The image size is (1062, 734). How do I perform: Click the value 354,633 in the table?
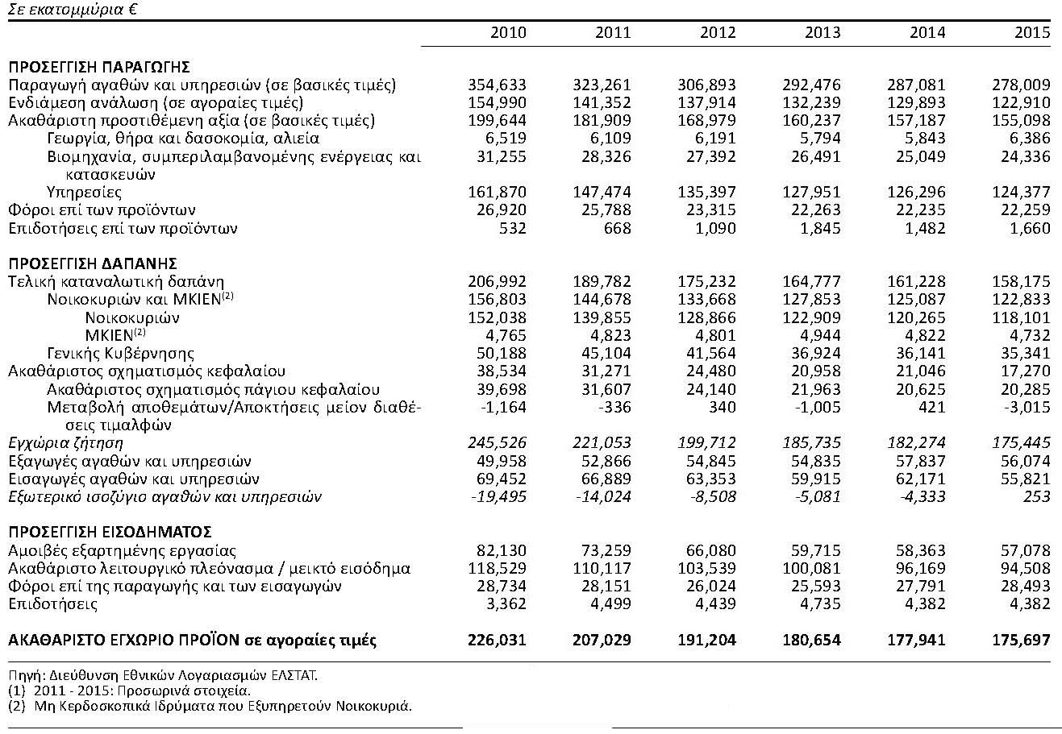point(497,85)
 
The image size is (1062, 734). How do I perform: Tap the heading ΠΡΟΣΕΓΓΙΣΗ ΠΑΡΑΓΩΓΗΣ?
point(98,67)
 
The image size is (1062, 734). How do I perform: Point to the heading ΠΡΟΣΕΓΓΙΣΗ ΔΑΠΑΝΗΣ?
point(93,263)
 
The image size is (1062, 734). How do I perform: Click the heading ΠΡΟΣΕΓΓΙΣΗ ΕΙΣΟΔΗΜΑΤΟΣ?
point(110,532)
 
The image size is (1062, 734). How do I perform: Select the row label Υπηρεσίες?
point(85,192)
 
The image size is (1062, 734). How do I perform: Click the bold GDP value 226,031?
point(497,641)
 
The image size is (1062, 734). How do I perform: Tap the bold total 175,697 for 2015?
point(1021,641)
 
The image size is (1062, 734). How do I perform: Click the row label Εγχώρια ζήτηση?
point(65,443)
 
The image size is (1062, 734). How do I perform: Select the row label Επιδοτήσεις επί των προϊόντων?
point(123,228)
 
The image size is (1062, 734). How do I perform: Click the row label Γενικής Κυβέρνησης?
point(121,353)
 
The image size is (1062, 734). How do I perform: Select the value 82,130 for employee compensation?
point(500,550)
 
